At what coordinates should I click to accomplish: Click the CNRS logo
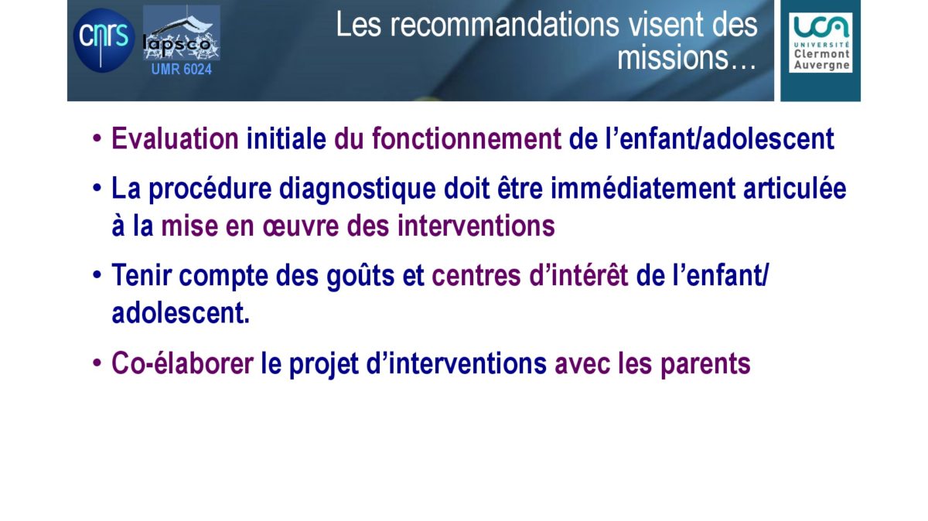coord(104,40)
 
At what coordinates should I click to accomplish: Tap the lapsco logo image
coord(182,32)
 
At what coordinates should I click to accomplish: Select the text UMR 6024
coord(182,69)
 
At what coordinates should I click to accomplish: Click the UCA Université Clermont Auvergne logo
coord(821,43)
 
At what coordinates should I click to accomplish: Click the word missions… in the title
coord(687,57)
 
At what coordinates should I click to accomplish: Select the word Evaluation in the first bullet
coord(176,138)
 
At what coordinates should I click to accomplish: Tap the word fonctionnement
coord(466,138)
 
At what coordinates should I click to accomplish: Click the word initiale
coord(286,138)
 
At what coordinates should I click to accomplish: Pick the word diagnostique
coord(357,189)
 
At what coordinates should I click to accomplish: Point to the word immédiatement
coord(643,189)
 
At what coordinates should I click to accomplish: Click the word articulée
coord(795,189)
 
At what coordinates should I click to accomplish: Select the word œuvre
coord(300,227)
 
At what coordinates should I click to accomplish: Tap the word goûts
coord(360,276)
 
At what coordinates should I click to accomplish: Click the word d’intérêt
coord(578,275)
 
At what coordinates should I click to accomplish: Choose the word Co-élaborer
coord(183,363)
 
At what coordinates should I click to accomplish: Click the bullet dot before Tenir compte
coord(97,275)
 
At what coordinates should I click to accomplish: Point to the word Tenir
coord(142,275)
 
